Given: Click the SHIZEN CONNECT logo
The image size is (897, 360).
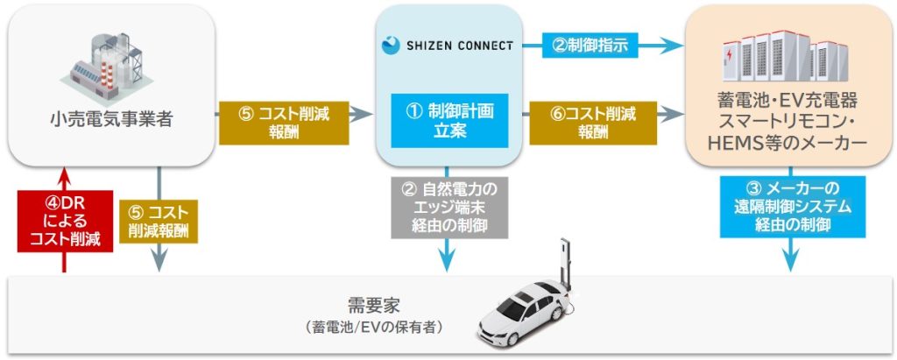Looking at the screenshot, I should pos(448,44).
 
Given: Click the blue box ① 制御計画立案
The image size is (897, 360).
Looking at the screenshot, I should pos(448,120).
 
